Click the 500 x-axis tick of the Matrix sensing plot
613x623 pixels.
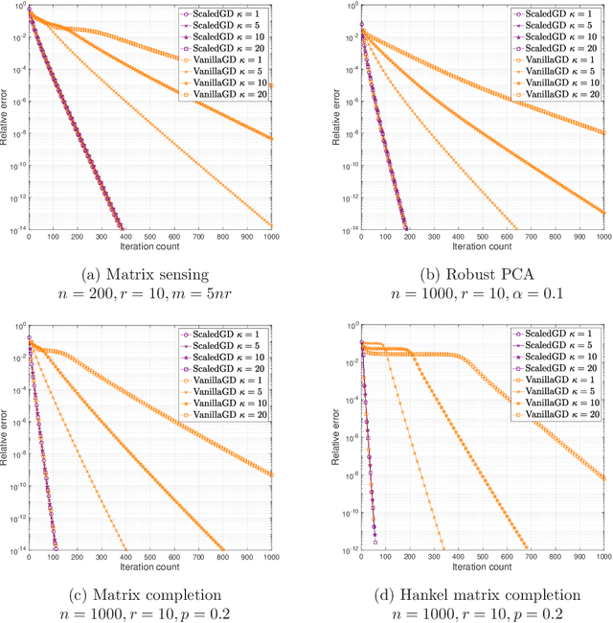click(150, 237)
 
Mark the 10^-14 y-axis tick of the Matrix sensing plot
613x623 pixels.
click(16, 230)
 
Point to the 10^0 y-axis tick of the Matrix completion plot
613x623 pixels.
click(19, 327)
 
